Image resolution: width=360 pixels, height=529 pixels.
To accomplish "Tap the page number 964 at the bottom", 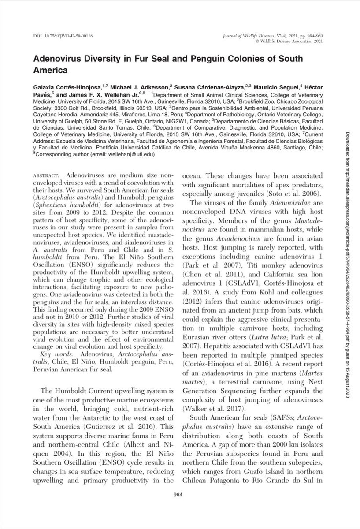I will click(x=180, y=507).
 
